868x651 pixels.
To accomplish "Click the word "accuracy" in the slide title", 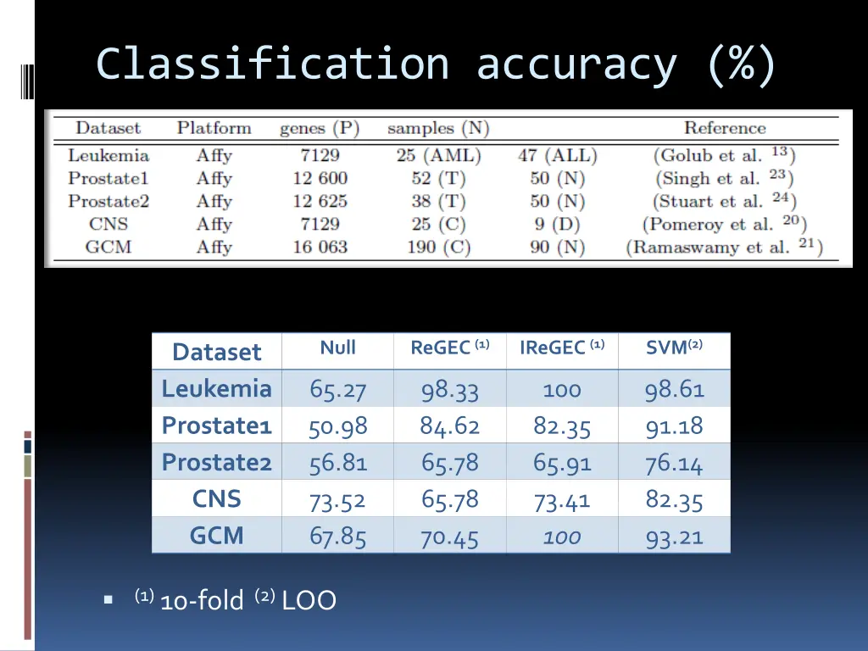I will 576,64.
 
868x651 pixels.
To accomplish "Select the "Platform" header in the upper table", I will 214,129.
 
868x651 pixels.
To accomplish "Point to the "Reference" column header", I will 724,129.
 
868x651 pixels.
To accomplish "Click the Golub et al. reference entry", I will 724,155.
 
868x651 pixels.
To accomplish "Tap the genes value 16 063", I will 320,248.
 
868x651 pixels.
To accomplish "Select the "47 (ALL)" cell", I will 557,156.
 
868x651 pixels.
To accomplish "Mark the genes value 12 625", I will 320,202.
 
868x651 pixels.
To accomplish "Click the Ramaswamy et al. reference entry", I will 724,248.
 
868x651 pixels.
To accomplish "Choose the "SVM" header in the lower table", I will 674,348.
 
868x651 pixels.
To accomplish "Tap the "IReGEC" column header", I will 561,348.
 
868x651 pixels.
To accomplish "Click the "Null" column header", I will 337,348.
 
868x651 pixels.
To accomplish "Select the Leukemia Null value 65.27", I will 337,390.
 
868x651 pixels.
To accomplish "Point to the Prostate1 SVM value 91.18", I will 674,426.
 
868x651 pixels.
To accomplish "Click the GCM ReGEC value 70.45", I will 449,537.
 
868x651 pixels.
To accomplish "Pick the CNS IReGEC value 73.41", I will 561,501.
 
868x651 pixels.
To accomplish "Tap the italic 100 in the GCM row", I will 561,537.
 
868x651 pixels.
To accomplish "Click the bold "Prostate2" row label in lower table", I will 216,463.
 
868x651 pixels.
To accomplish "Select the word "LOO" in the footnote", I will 309,601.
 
